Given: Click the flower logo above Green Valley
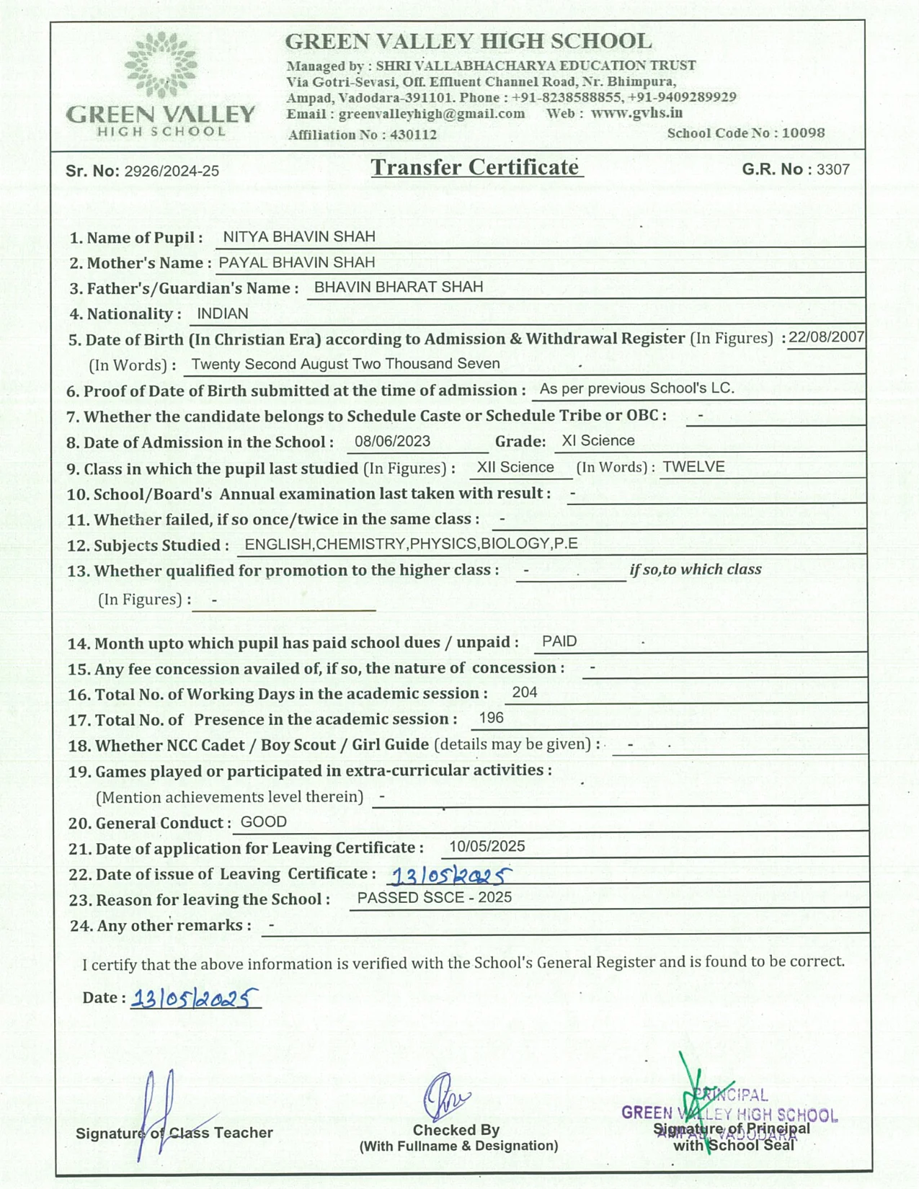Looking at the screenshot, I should point(160,65).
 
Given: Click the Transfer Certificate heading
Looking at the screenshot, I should point(476,167).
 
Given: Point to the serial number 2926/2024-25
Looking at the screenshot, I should point(172,172).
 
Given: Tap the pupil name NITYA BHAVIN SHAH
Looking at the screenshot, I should point(298,236).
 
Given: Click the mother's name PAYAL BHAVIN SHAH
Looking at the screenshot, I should point(296,262).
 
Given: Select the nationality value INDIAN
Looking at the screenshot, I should point(222,313).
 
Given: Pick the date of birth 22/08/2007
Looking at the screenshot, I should point(826,337).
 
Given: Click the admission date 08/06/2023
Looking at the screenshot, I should point(392,441).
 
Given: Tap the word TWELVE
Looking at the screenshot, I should point(693,466).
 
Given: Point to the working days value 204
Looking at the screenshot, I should point(524,693).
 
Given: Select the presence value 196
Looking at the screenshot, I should point(491,718).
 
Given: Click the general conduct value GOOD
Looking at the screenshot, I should point(263,821).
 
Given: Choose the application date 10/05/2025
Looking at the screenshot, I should point(487,846).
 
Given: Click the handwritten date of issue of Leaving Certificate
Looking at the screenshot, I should point(450,876).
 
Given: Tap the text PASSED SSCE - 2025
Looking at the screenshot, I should point(434,897).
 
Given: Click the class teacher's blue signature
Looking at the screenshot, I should point(157,1113).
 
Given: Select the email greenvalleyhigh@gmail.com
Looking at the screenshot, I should point(431,114).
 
